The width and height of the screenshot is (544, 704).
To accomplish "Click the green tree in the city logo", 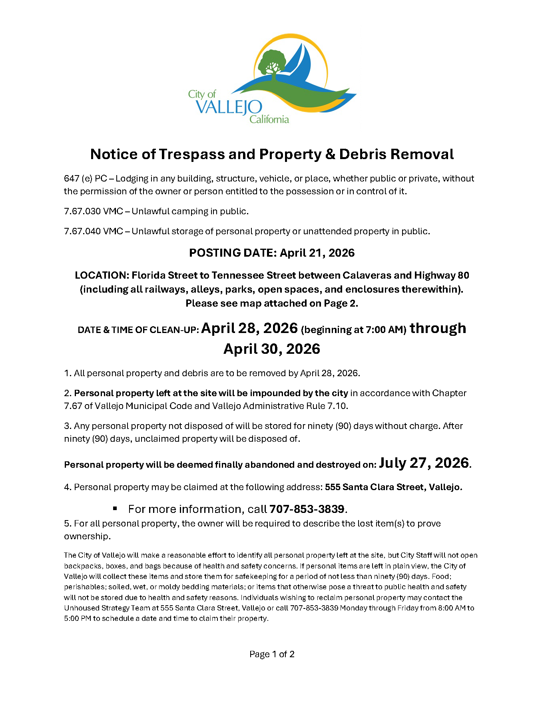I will (x=272, y=62).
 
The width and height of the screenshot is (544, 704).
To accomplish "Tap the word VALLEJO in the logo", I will (x=229, y=107).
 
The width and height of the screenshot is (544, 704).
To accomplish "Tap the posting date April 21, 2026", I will (x=317, y=253).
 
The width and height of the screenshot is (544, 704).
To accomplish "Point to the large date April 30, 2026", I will (x=272, y=349).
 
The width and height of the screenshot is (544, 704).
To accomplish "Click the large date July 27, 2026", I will (x=424, y=463).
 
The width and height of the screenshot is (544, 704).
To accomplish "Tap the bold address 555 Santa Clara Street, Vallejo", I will (x=393, y=487).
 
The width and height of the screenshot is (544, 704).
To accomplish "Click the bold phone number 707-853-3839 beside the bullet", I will (x=307, y=509).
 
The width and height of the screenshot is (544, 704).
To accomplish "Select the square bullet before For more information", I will (x=115, y=509).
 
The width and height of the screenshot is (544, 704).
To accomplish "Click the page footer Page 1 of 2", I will (x=272, y=654).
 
